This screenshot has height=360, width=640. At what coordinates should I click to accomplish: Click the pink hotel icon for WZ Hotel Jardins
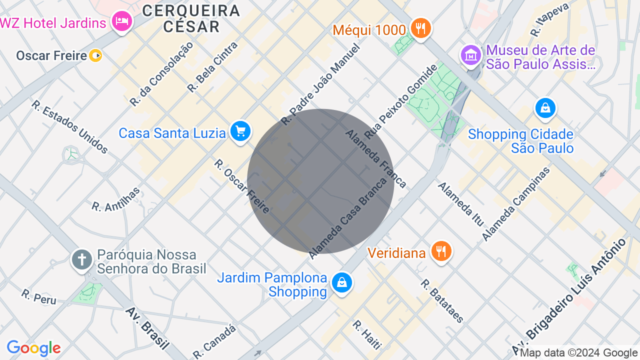click(121, 21)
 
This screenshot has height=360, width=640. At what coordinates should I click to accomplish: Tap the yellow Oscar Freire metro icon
click(95, 55)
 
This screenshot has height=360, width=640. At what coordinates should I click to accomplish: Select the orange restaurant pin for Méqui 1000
click(421, 28)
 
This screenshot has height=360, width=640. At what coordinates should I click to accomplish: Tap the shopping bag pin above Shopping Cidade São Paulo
click(545, 108)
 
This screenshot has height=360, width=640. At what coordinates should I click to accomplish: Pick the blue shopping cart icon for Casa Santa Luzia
click(240, 132)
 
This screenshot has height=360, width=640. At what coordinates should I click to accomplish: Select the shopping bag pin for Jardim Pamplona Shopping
click(342, 283)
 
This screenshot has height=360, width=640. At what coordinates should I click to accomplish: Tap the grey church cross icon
click(82, 260)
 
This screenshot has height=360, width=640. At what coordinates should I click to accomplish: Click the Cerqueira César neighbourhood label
click(191, 18)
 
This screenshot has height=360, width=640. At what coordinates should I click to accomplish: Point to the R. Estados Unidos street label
click(69, 127)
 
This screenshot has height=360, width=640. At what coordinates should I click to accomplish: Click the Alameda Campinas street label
click(515, 203)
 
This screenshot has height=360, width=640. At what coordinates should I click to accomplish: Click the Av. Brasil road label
click(147, 328)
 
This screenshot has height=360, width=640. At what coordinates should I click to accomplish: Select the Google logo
click(33, 348)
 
